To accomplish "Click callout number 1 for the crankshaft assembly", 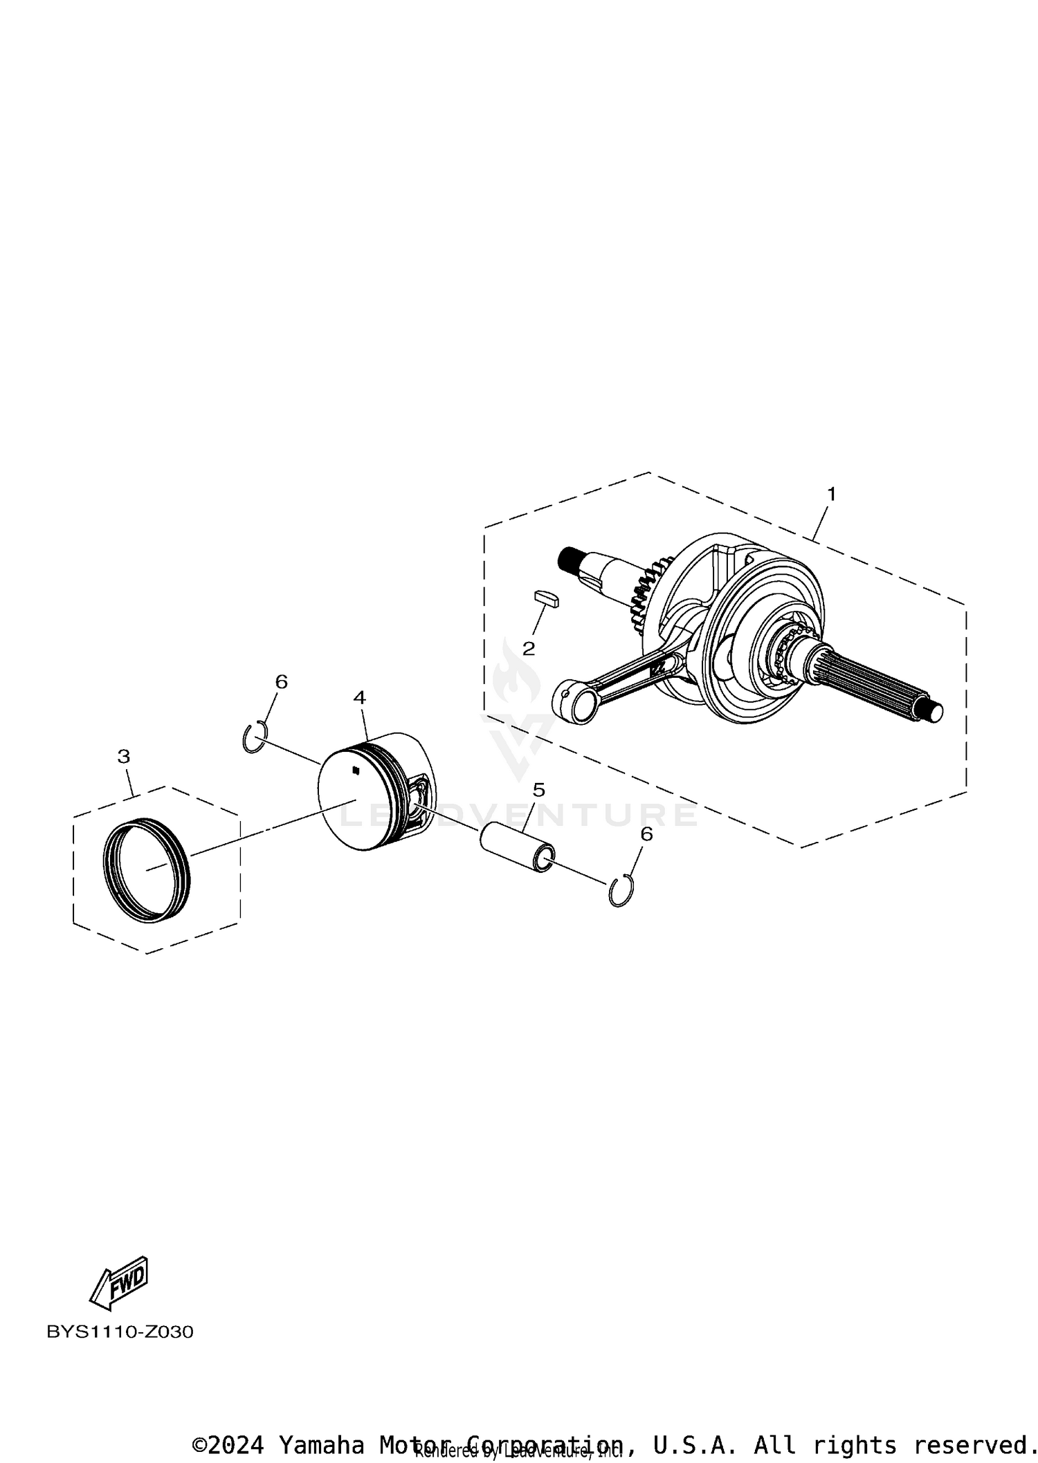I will pos(831,495).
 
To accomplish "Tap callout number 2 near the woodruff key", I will pos(529,648).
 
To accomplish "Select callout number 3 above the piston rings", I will pos(123,756).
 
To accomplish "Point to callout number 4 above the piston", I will pos(359,697).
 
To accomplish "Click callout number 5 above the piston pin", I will pos(539,790).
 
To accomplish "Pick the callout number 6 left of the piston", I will pos(281,681).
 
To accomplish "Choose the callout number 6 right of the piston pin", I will pos(646,834).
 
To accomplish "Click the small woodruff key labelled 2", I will pos(547,597).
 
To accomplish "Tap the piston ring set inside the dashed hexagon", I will pos(147,869).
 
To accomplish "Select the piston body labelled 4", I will pos(367,795).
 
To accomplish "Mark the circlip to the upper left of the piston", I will pos(255,737).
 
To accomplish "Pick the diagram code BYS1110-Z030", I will pos(120,1332).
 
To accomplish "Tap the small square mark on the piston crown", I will pos(355,770).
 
